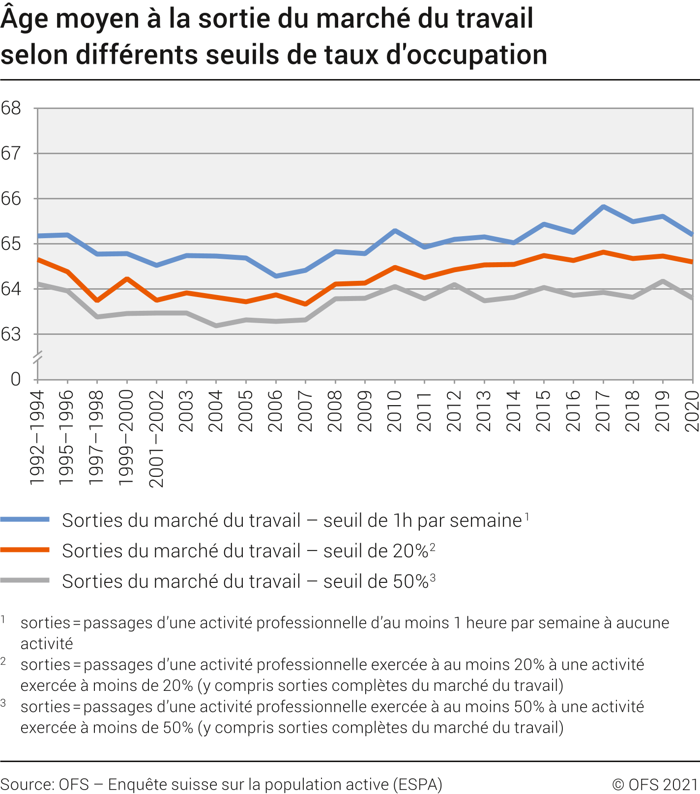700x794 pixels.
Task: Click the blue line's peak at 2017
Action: [x=603, y=207]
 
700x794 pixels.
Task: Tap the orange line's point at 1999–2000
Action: [x=127, y=279]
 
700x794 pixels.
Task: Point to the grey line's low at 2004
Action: [x=216, y=326]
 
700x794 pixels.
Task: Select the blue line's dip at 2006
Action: [x=276, y=276]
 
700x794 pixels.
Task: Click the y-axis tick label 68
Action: [x=11, y=108]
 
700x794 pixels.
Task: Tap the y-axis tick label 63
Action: [x=11, y=334]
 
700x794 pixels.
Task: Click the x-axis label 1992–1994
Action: [x=37, y=438]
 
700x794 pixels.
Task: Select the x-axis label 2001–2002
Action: [x=156, y=438]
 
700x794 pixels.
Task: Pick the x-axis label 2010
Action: [x=395, y=411]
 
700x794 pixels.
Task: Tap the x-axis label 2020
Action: [x=692, y=411]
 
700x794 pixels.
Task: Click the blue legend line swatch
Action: [x=25, y=520]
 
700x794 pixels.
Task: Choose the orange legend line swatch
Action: [x=25, y=550]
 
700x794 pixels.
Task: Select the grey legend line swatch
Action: [x=25, y=580]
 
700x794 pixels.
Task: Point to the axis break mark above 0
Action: [x=37, y=357]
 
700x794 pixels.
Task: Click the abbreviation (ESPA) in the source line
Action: [x=418, y=784]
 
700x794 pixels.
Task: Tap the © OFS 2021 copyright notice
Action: [x=655, y=784]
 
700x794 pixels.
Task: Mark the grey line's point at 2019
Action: [x=663, y=281]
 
